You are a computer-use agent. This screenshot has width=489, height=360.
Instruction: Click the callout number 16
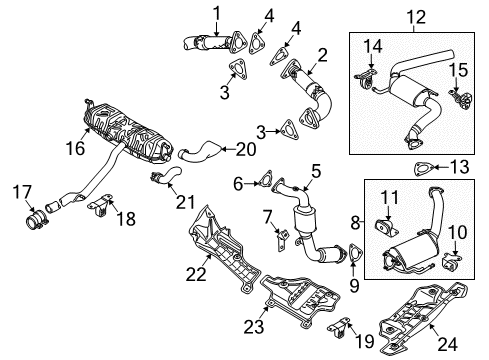click(75, 148)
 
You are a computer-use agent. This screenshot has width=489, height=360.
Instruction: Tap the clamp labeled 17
click(37, 220)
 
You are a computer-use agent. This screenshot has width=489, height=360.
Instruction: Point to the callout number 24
click(447, 344)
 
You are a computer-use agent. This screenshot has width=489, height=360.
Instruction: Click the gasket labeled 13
click(424, 169)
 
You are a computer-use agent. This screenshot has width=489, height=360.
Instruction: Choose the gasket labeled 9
click(355, 255)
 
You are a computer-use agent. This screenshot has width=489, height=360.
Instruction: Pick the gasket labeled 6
click(265, 179)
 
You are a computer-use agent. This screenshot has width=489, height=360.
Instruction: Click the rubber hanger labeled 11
click(386, 228)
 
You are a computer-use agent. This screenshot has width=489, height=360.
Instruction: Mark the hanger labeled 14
click(366, 79)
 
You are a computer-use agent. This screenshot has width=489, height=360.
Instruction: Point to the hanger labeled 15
click(461, 99)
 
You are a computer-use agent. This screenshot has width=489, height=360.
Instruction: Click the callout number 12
click(416, 17)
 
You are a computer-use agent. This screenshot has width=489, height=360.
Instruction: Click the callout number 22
click(196, 274)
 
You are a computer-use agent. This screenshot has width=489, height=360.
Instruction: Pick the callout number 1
click(217, 13)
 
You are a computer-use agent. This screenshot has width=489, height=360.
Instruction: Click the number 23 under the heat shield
click(254, 326)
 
